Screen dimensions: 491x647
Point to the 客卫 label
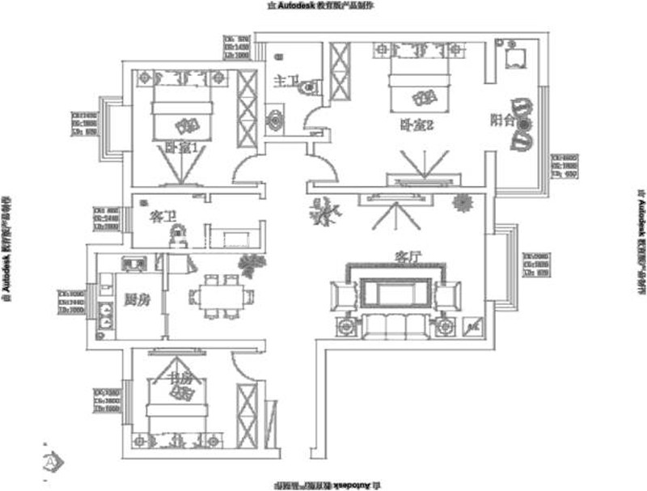click(x=163, y=217)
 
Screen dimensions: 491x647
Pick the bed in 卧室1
click(x=183, y=109)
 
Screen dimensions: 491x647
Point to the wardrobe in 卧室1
click(x=247, y=109)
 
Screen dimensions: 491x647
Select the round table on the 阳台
click(x=525, y=124)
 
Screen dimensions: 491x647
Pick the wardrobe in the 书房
click(x=246, y=413)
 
